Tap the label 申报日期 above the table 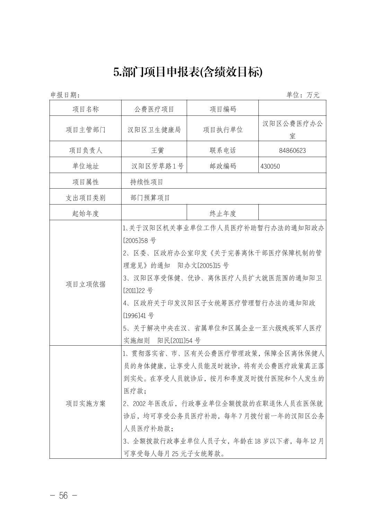[x=65, y=95]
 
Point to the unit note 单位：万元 [x=303, y=95]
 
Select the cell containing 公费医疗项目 [x=154, y=109]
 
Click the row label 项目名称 [x=86, y=109]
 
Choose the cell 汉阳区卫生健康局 [x=154, y=130]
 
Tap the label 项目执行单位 [x=223, y=130]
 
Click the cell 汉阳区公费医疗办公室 [x=292, y=129]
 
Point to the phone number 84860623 [x=292, y=150]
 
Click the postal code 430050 [x=270, y=166]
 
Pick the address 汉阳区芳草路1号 [x=157, y=166]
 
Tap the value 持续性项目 [x=147, y=182]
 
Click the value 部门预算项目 [x=150, y=198]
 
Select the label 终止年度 [x=223, y=214]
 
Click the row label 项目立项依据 [x=86, y=284]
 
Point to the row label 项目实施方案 [x=86, y=404]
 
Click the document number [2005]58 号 [x=140, y=241]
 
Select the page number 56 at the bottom [x=63, y=496]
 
